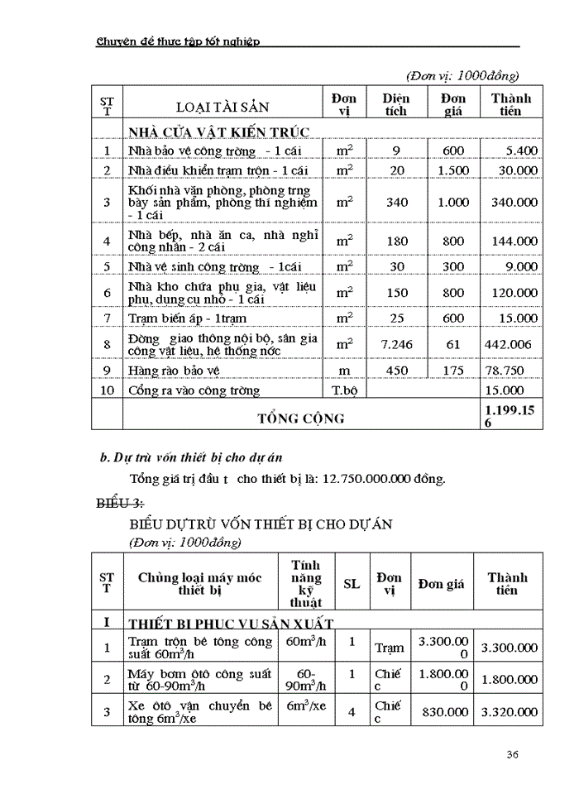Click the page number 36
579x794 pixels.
tap(512, 754)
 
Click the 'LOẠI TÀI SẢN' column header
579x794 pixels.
tap(223, 107)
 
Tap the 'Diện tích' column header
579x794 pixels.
tap(396, 104)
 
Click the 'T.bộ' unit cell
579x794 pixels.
tap(343, 390)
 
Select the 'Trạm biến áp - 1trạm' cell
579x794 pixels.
tap(187, 318)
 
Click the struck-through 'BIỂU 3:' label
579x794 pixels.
tap(117, 504)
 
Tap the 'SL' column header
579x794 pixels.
tap(352, 584)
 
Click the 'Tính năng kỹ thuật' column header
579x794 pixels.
tap(306, 584)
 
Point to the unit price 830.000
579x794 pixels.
tap(443, 711)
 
